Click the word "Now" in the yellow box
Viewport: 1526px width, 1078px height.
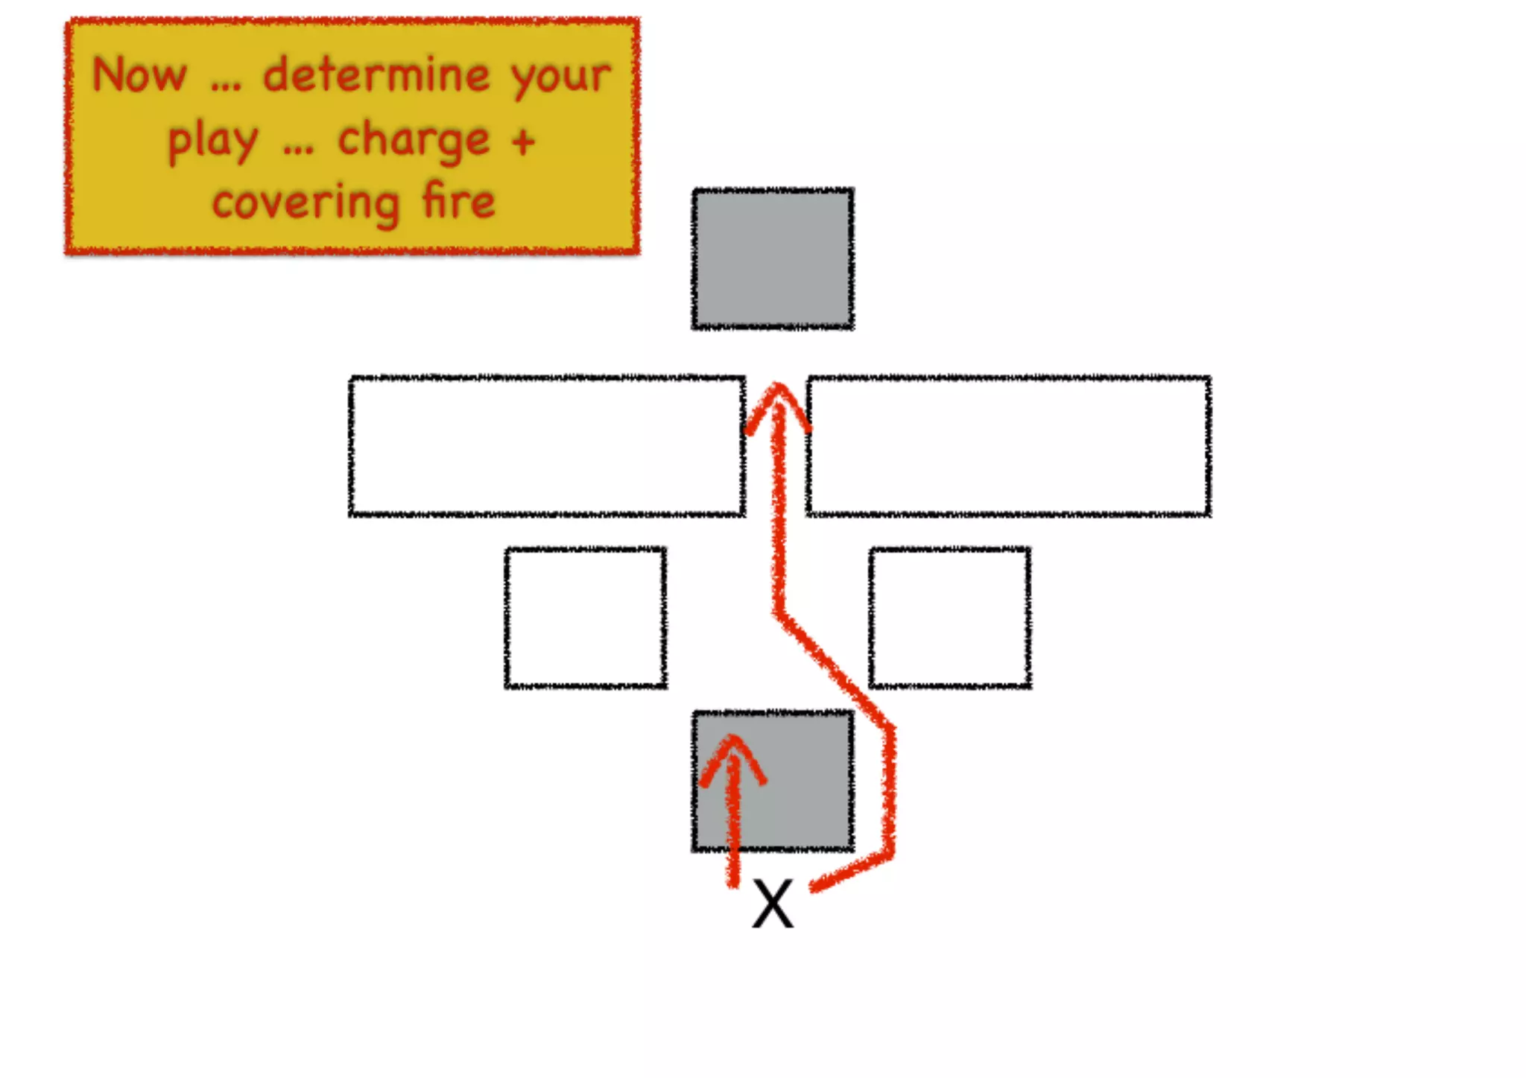pyautogui.click(x=139, y=75)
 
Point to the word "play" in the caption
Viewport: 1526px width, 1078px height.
pyautogui.click(x=213, y=141)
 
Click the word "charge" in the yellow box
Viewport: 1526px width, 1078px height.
pyautogui.click(x=414, y=140)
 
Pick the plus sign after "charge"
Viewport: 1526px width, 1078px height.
pyautogui.click(x=523, y=140)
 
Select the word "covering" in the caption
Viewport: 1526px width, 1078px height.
pyautogui.click(x=305, y=203)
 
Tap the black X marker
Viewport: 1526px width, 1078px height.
pyautogui.click(x=773, y=904)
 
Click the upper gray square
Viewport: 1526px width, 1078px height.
pyautogui.click(x=773, y=258)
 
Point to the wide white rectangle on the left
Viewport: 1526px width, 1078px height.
pyautogui.click(x=547, y=446)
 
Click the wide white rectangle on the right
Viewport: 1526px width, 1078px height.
pyautogui.click(x=1008, y=446)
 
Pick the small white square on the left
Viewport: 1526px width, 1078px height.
pyautogui.click(x=586, y=617)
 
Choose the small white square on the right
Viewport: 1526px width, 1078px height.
pyautogui.click(x=950, y=617)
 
